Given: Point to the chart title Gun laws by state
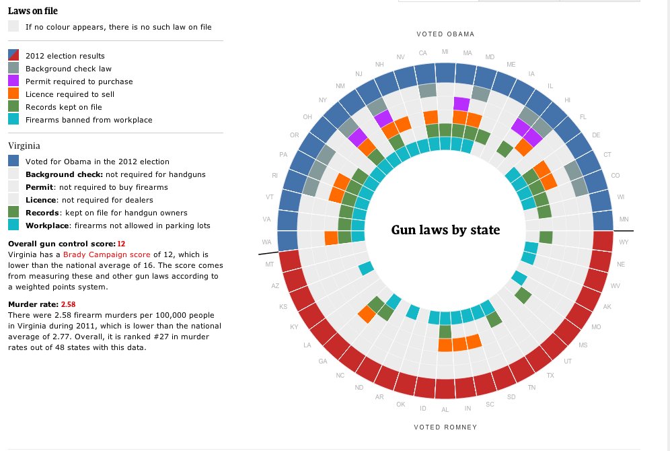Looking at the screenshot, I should click(x=445, y=230).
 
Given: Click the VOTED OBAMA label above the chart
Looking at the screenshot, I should click(x=445, y=34).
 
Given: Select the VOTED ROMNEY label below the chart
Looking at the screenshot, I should click(x=445, y=427).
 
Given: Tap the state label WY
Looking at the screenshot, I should click(x=624, y=242).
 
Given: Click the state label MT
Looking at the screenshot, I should click(x=270, y=265).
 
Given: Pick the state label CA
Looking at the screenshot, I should click(x=422, y=53).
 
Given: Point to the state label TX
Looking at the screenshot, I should click(x=550, y=376).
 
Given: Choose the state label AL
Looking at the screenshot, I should click(x=445, y=409).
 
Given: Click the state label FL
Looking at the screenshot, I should click(x=583, y=116).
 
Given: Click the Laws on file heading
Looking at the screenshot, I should click(x=32, y=10).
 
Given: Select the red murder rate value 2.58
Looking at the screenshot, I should click(x=69, y=304).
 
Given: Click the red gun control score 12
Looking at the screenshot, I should click(x=121, y=243).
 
